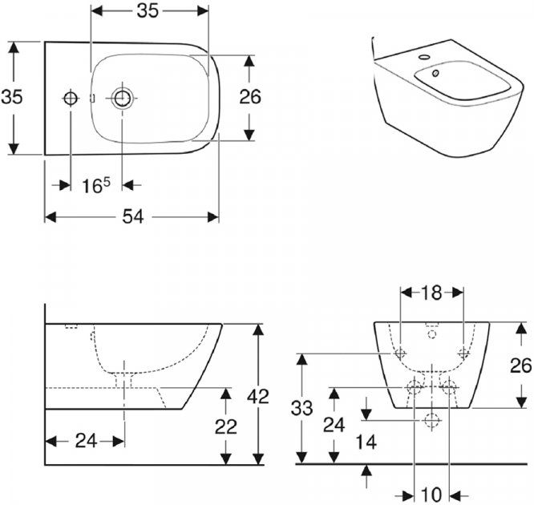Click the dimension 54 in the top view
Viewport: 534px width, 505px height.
point(132,217)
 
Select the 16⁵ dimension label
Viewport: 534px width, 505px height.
point(95,185)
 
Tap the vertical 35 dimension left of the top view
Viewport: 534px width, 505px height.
point(12,97)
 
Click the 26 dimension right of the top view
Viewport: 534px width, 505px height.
point(250,97)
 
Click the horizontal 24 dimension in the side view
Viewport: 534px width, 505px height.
point(85,440)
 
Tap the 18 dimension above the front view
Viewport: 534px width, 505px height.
point(431,293)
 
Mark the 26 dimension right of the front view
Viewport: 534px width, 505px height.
point(520,366)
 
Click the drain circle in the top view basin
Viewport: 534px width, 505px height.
point(123,99)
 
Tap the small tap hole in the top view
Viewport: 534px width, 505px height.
point(70,99)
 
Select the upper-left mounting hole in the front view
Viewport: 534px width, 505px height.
point(400,353)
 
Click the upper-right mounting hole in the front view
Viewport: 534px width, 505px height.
point(463,353)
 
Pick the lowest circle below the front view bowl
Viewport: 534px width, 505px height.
point(431,419)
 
